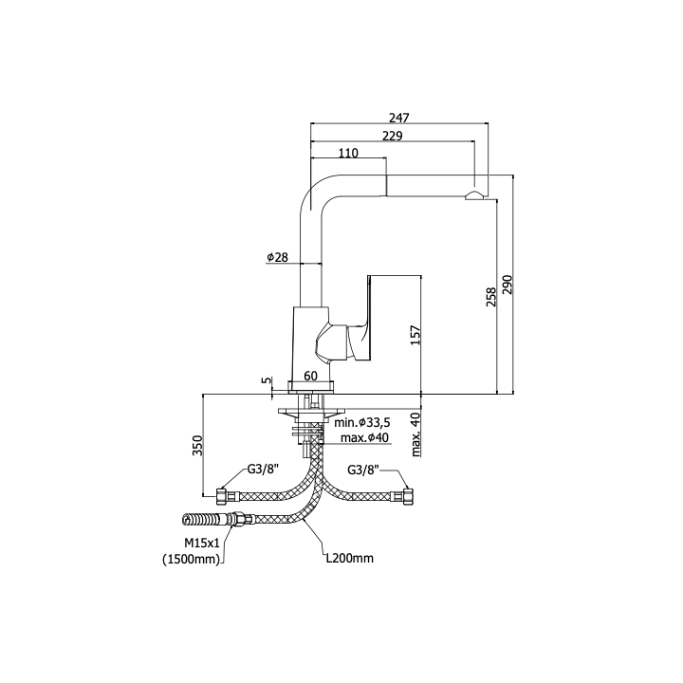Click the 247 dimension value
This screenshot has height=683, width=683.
pyautogui.click(x=399, y=118)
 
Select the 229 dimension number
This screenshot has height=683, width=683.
pyautogui.click(x=393, y=136)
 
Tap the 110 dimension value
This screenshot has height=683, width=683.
pyautogui.click(x=348, y=153)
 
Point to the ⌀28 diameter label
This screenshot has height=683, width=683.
pyautogui.click(x=277, y=257)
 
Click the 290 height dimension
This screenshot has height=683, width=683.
pyautogui.click(x=508, y=285)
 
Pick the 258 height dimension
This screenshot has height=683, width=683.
pyautogui.click(x=491, y=297)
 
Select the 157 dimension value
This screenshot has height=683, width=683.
pyautogui.click(x=415, y=335)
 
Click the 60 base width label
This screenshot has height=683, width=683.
pyautogui.click(x=310, y=376)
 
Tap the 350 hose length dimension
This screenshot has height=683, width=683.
pyautogui.click(x=197, y=445)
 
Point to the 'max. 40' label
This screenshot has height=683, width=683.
pyautogui.click(x=416, y=434)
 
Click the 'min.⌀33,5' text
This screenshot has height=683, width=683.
pyautogui.click(x=362, y=422)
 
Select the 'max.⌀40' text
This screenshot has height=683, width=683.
pyautogui.click(x=364, y=437)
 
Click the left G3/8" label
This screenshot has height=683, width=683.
pyautogui.click(x=263, y=470)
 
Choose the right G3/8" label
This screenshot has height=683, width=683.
pyautogui.click(x=363, y=470)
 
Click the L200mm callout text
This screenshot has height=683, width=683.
pyautogui.click(x=350, y=558)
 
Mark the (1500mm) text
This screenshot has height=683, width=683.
pyautogui.click(x=192, y=560)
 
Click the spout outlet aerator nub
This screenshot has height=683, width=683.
pyautogui.click(x=474, y=195)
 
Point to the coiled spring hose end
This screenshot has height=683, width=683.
pyautogui.click(x=203, y=520)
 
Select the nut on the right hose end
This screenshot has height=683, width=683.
pyautogui.click(x=408, y=497)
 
